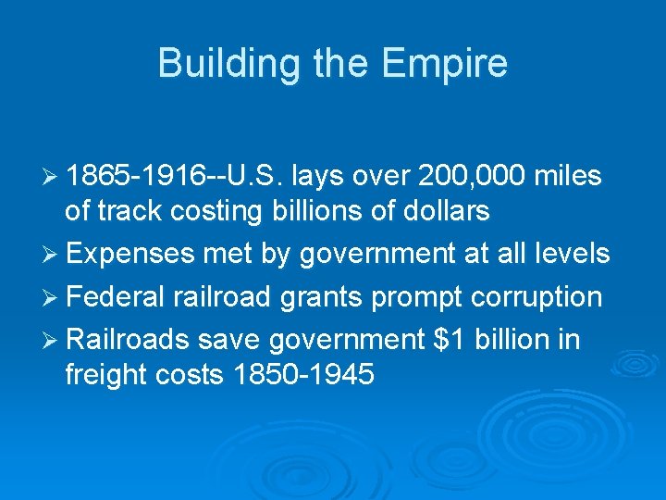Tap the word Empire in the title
click(444, 64)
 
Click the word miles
click(567, 175)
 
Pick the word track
click(124, 211)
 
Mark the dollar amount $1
click(448, 340)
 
